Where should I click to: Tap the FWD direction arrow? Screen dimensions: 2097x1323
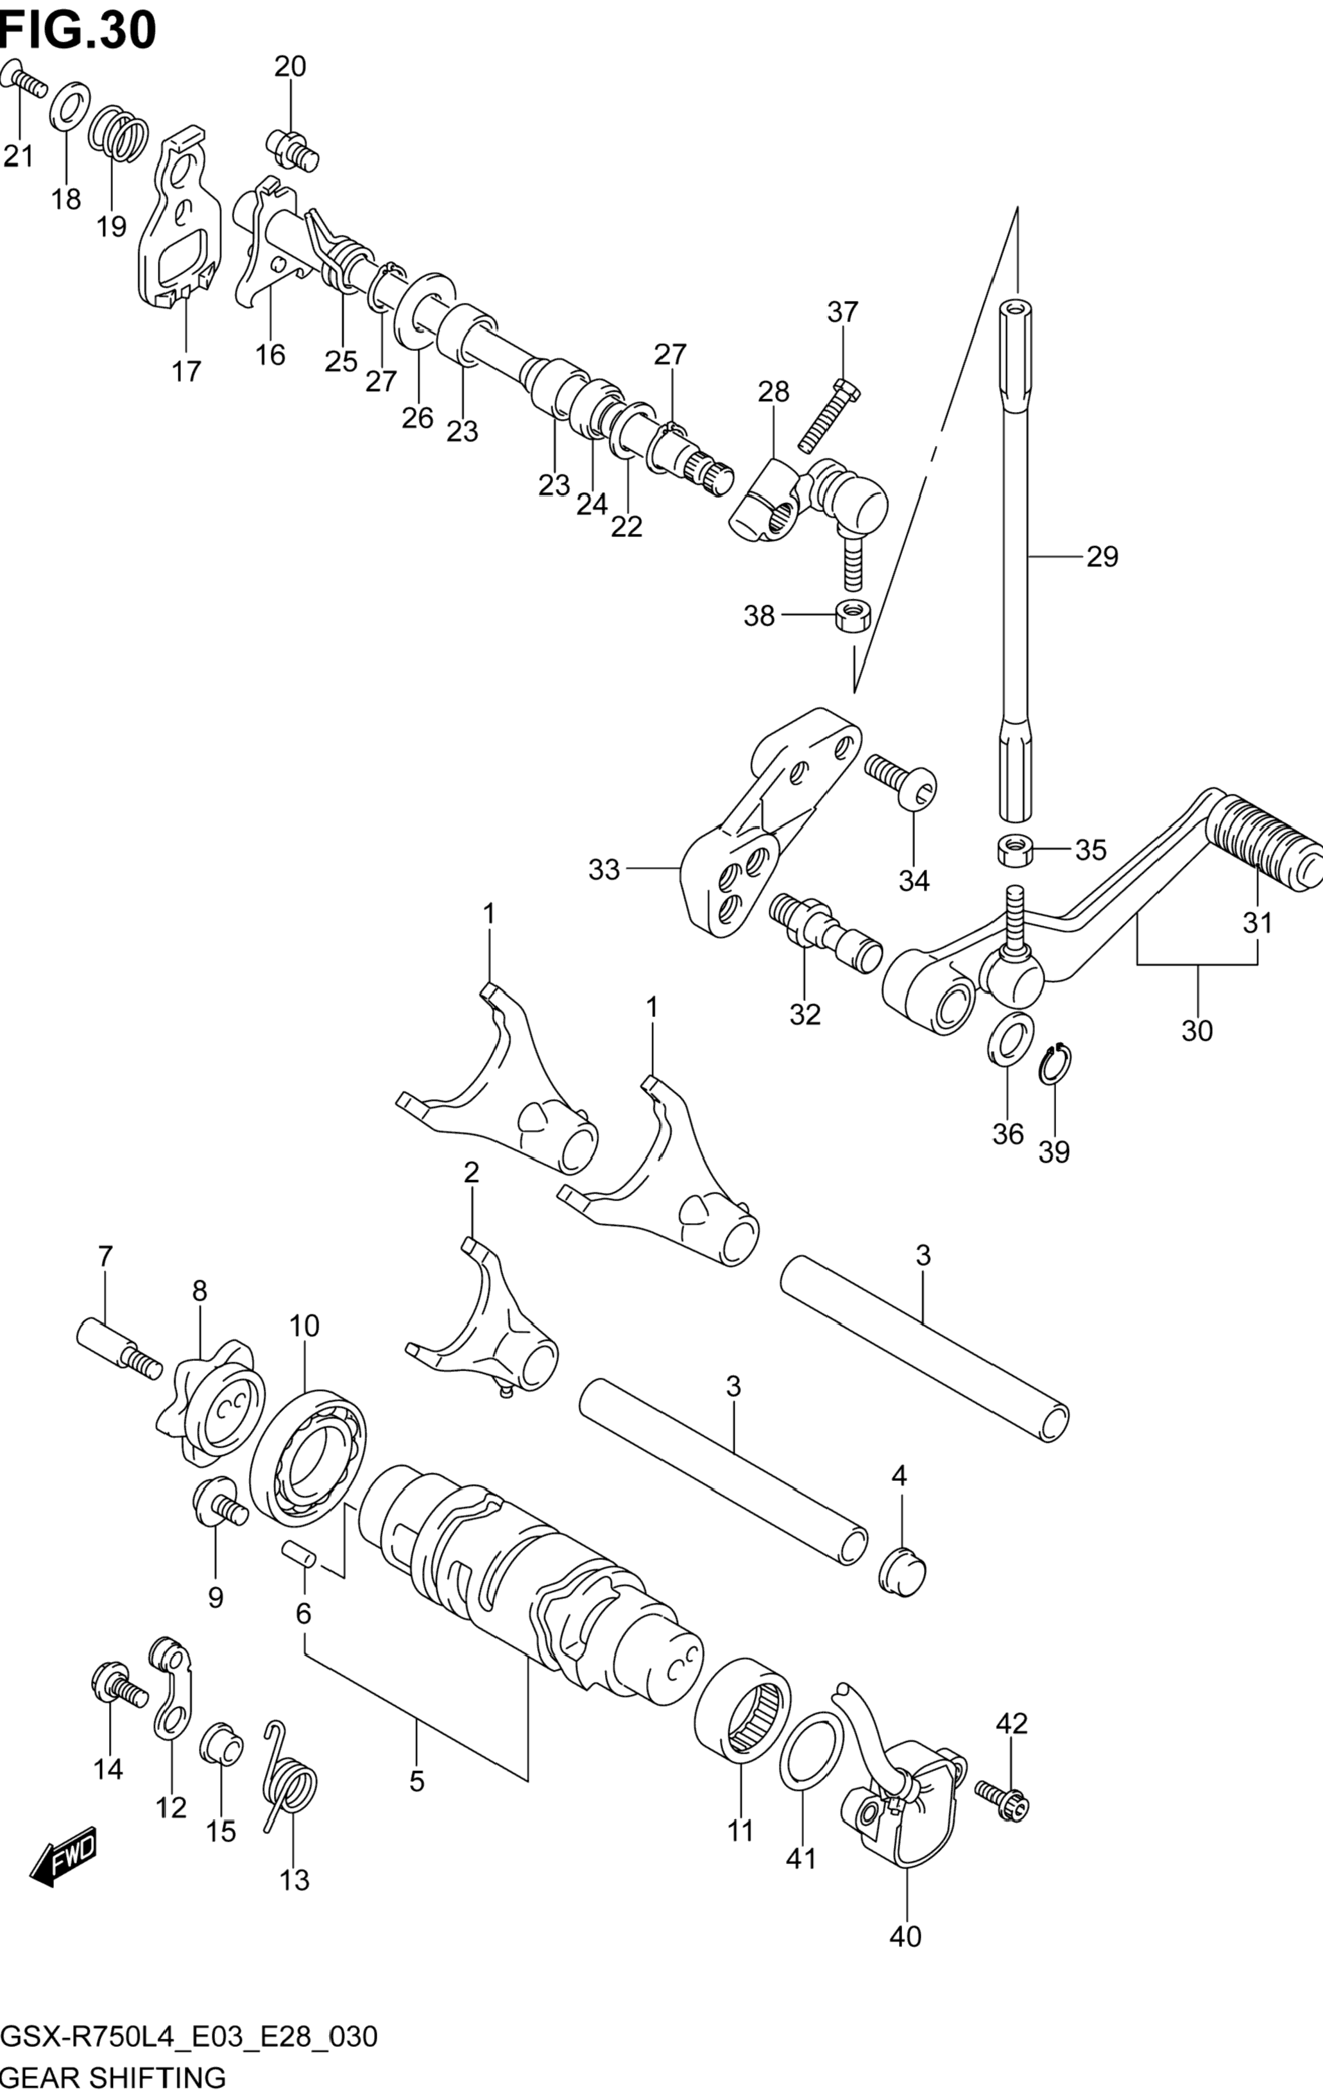(64, 1863)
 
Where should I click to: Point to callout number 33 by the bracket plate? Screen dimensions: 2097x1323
(604, 869)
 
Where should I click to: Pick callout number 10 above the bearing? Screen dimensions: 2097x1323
(305, 1326)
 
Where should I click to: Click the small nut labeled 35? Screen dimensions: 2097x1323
(1014, 849)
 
